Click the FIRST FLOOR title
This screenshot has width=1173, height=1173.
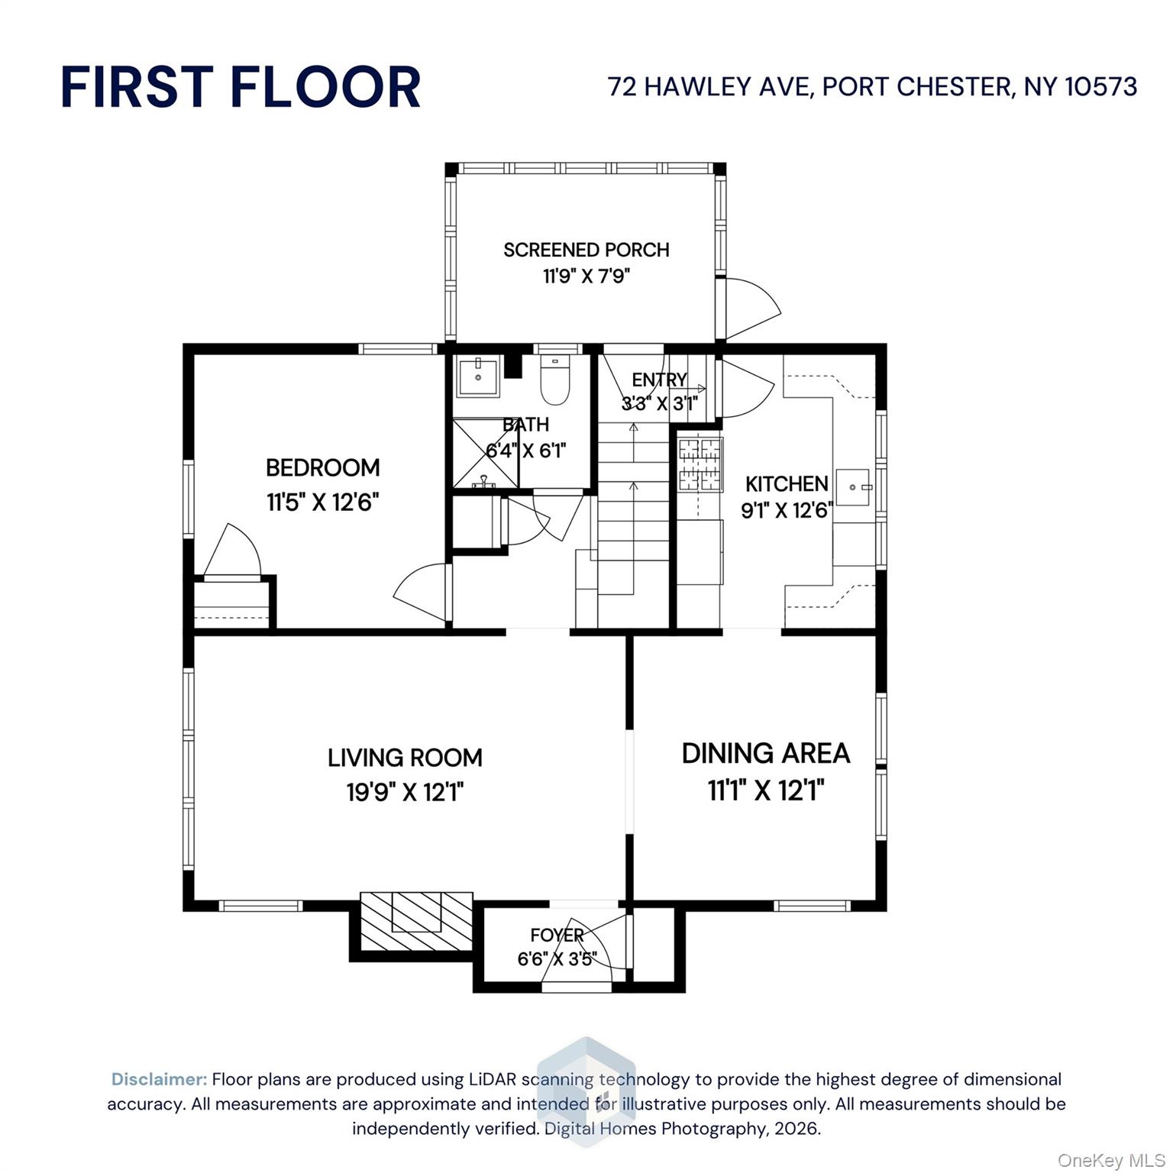click(241, 86)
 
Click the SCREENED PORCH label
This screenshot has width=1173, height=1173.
click(586, 250)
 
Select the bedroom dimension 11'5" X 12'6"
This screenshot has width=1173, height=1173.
click(322, 502)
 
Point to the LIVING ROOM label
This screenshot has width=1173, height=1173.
click(405, 758)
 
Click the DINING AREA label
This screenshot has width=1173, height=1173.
click(765, 753)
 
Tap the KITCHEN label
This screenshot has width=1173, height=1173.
click(787, 483)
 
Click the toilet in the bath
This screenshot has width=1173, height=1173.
click(555, 382)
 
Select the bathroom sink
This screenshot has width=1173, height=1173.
click(477, 376)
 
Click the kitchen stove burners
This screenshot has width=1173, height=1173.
click(700, 464)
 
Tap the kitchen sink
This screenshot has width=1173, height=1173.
click(853, 487)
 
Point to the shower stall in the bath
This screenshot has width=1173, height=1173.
click(486, 452)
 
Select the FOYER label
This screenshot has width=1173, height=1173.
click(557, 935)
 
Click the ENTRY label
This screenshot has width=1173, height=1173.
click(659, 380)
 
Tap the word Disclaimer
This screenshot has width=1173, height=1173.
click(159, 1079)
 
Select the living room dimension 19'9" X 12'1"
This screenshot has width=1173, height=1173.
click(405, 792)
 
